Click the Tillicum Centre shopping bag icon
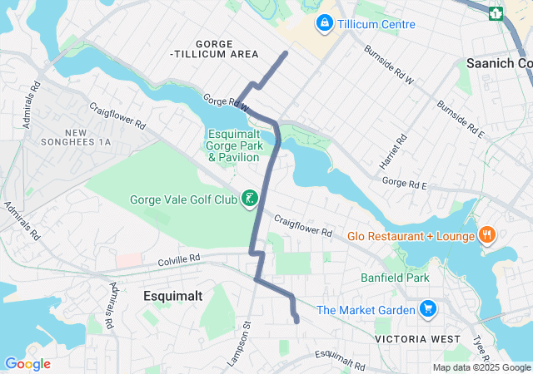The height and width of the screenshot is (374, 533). click(324, 23)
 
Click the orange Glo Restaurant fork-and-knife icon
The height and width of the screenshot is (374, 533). click(486, 236)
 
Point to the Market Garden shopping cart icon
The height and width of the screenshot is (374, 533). click(428, 310)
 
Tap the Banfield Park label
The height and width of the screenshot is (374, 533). click(394, 277)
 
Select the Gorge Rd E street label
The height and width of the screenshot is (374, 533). click(404, 183)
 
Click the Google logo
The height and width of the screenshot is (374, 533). click(27, 363)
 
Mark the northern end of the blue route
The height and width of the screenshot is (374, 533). click(286, 53)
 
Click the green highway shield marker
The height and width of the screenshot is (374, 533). click(496, 13)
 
